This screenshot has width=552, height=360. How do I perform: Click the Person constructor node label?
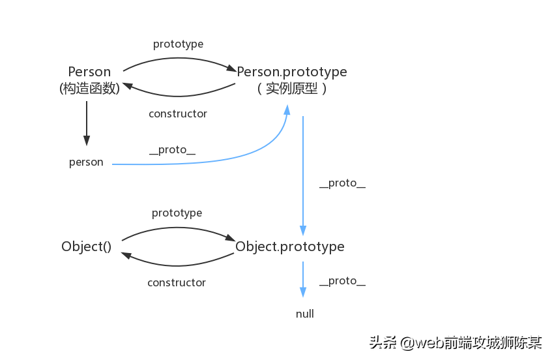click(x=89, y=72)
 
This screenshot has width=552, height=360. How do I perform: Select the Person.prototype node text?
click(x=291, y=72)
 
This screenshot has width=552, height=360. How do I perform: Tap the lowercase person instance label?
click(x=86, y=162)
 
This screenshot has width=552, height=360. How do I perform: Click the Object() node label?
click(x=87, y=247)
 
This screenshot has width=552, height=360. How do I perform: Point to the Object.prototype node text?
click(x=289, y=247)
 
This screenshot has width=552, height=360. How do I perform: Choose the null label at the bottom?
click(x=304, y=314)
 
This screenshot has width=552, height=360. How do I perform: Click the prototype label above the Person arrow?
click(x=178, y=44)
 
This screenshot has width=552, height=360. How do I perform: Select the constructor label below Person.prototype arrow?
click(x=177, y=114)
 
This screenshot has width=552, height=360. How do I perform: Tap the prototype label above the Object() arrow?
click(x=177, y=213)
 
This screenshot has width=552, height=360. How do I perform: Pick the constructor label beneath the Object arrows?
click(x=176, y=283)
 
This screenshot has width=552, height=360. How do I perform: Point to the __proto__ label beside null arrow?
click(x=342, y=281)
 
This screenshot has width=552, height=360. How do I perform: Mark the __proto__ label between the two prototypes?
click(x=342, y=183)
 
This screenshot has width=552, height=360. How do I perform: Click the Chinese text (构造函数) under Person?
click(x=89, y=89)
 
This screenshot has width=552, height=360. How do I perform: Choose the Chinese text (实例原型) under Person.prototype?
click(x=291, y=89)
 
